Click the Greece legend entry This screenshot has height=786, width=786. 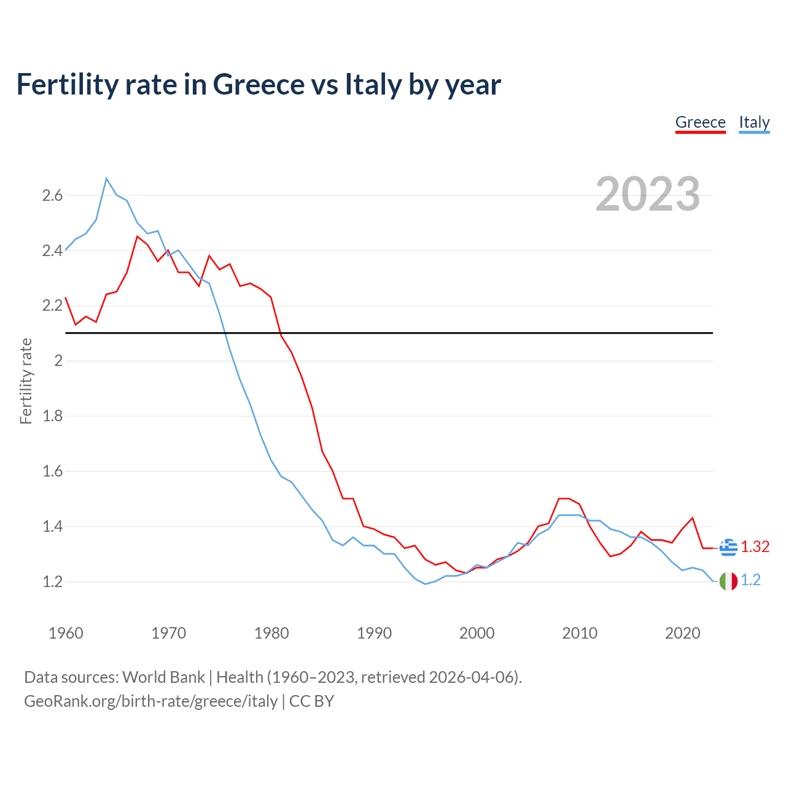700,122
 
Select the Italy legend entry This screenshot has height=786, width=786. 754,122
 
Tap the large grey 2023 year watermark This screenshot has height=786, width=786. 647,194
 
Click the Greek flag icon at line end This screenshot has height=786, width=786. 728,547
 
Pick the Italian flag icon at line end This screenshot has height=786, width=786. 728,580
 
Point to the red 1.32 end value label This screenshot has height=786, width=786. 755,547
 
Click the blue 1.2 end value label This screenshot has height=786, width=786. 750,580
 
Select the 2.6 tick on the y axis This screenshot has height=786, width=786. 52,196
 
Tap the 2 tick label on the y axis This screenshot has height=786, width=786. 58,361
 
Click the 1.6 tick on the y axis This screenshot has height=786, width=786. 52,472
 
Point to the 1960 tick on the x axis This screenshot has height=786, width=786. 66,633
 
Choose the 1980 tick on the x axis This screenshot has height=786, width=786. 271,633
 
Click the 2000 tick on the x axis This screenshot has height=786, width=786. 477,633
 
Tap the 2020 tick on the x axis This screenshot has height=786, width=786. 682,633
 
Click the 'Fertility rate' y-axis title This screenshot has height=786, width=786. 26,381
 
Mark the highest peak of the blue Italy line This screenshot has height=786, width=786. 106,179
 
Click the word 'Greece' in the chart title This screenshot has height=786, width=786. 259,84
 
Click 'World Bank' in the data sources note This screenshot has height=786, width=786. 163,677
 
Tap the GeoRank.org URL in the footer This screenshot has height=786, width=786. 150,701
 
